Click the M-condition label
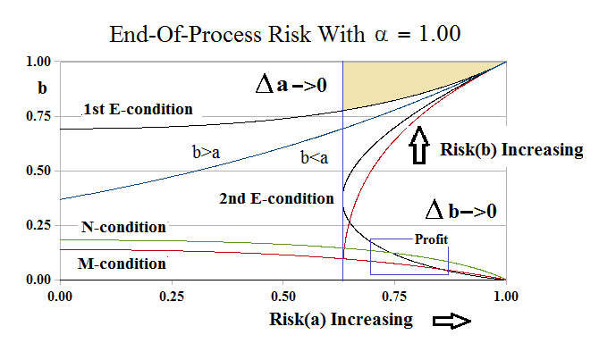click(x=122, y=264)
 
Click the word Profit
click(x=430, y=239)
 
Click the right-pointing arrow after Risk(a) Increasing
click(x=451, y=321)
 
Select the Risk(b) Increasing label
click(x=511, y=149)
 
